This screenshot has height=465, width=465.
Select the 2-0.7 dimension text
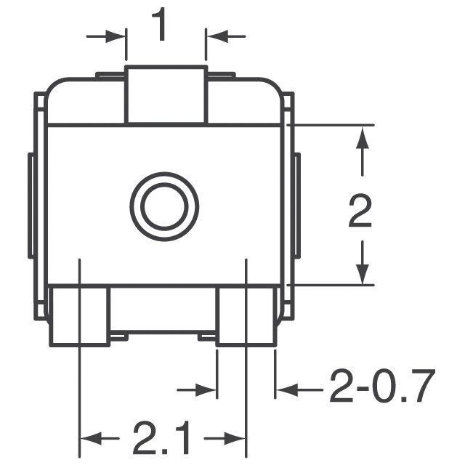click(382, 388)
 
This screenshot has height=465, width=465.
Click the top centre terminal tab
click(166, 95)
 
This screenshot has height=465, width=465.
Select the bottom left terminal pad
click(79, 315)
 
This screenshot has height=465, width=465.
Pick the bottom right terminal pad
click(247, 315)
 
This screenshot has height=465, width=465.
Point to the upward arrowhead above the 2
click(362, 138)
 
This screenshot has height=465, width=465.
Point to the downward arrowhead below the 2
click(362, 273)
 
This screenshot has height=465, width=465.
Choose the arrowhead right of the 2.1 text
click(237, 438)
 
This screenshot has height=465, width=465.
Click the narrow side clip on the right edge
click(297, 206)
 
